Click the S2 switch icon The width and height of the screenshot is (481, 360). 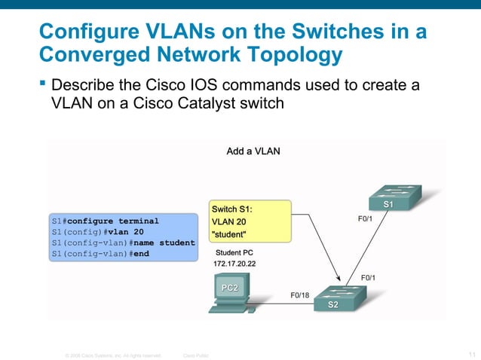[x=332, y=298]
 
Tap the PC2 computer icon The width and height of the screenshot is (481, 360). [x=230, y=294]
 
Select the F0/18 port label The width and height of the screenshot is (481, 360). [x=300, y=294]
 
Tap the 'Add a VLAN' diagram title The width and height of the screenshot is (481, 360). [x=253, y=151]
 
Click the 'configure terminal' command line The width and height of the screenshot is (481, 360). [x=105, y=221]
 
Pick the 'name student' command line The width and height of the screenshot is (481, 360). [x=123, y=243]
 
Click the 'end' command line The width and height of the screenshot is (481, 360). [x=100, y=255]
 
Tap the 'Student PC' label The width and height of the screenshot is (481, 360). [x=236, y=253]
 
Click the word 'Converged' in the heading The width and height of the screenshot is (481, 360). [x=88, y=55]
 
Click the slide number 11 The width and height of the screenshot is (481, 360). [x=472, y=354]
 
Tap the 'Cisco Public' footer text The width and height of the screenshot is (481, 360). [x=196, y=355]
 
